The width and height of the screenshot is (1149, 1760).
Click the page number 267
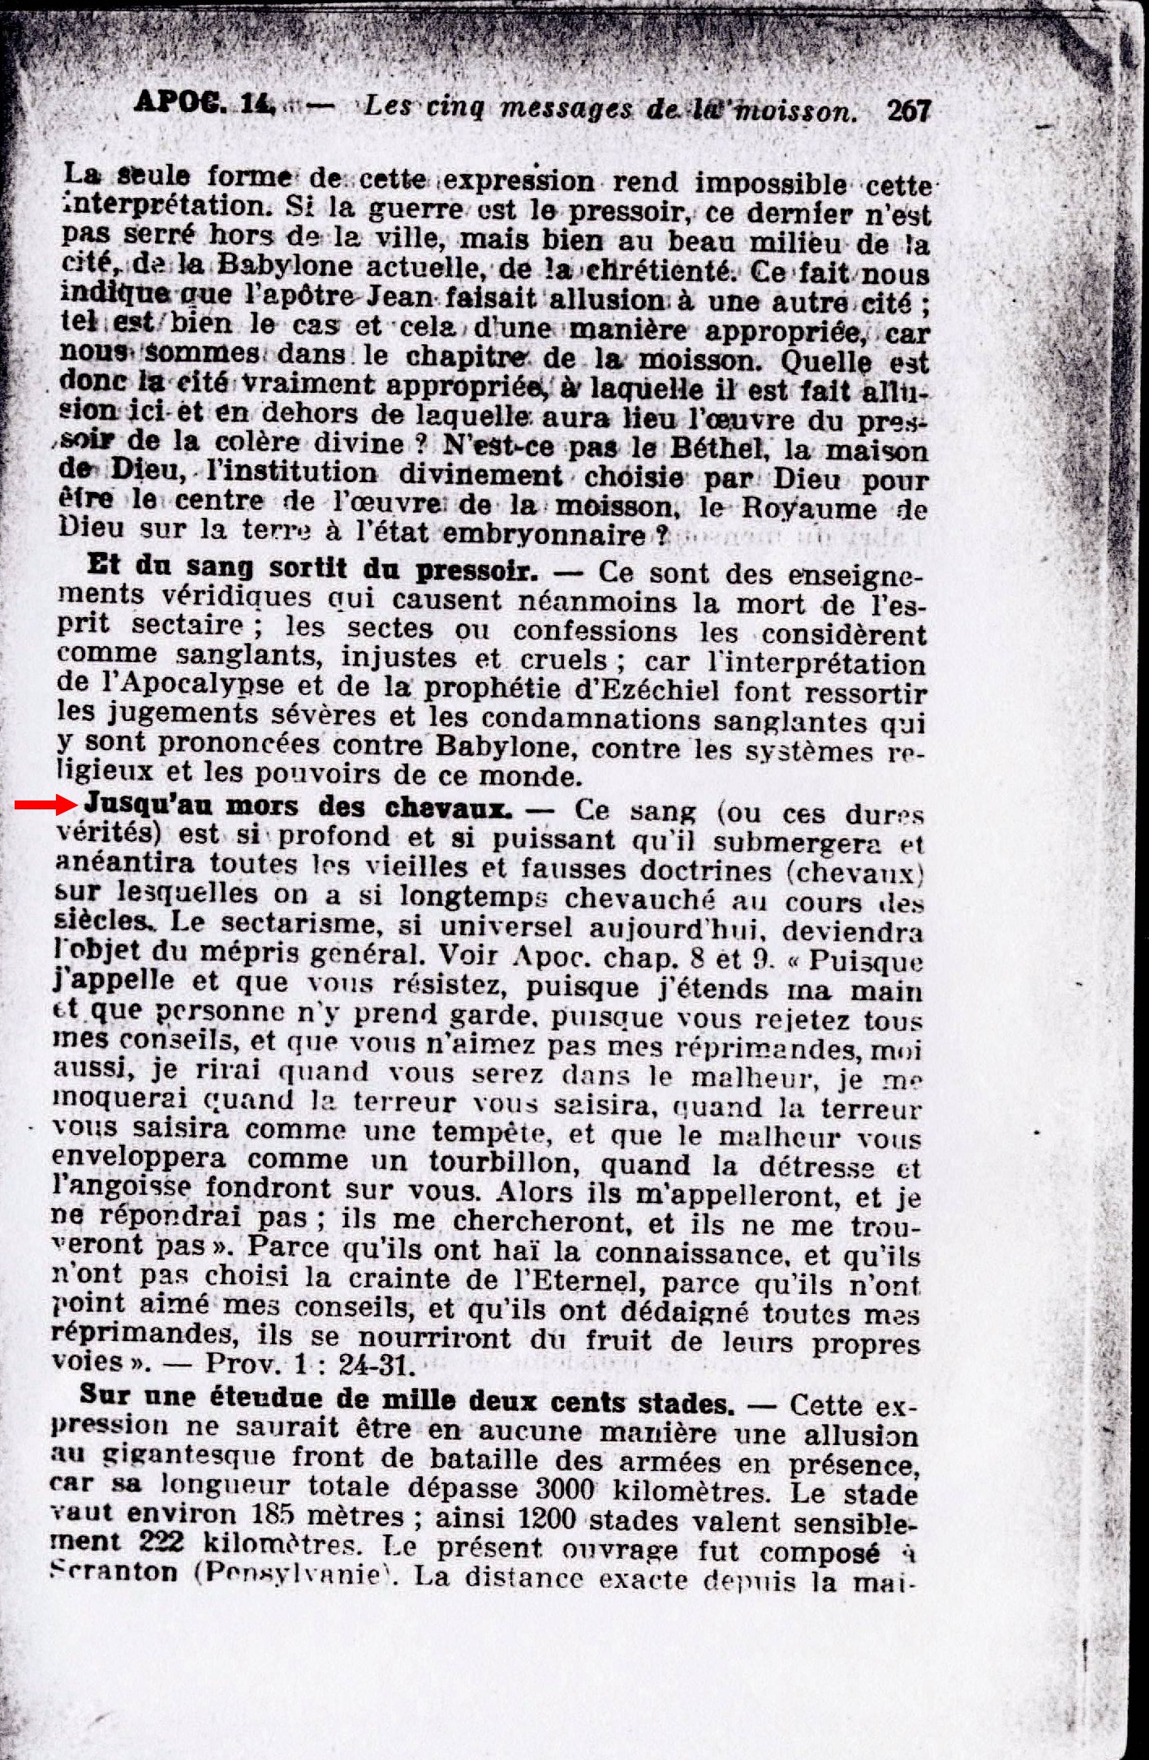pyautogui.click(x=908, y=110)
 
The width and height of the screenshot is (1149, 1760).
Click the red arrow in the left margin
pyautogui.click(x=45, y=805)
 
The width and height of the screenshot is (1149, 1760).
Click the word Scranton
pyautogui.click(x=114, y=1571)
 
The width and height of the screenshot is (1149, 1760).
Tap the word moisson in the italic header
pyautogui.click(x=796, y=110)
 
